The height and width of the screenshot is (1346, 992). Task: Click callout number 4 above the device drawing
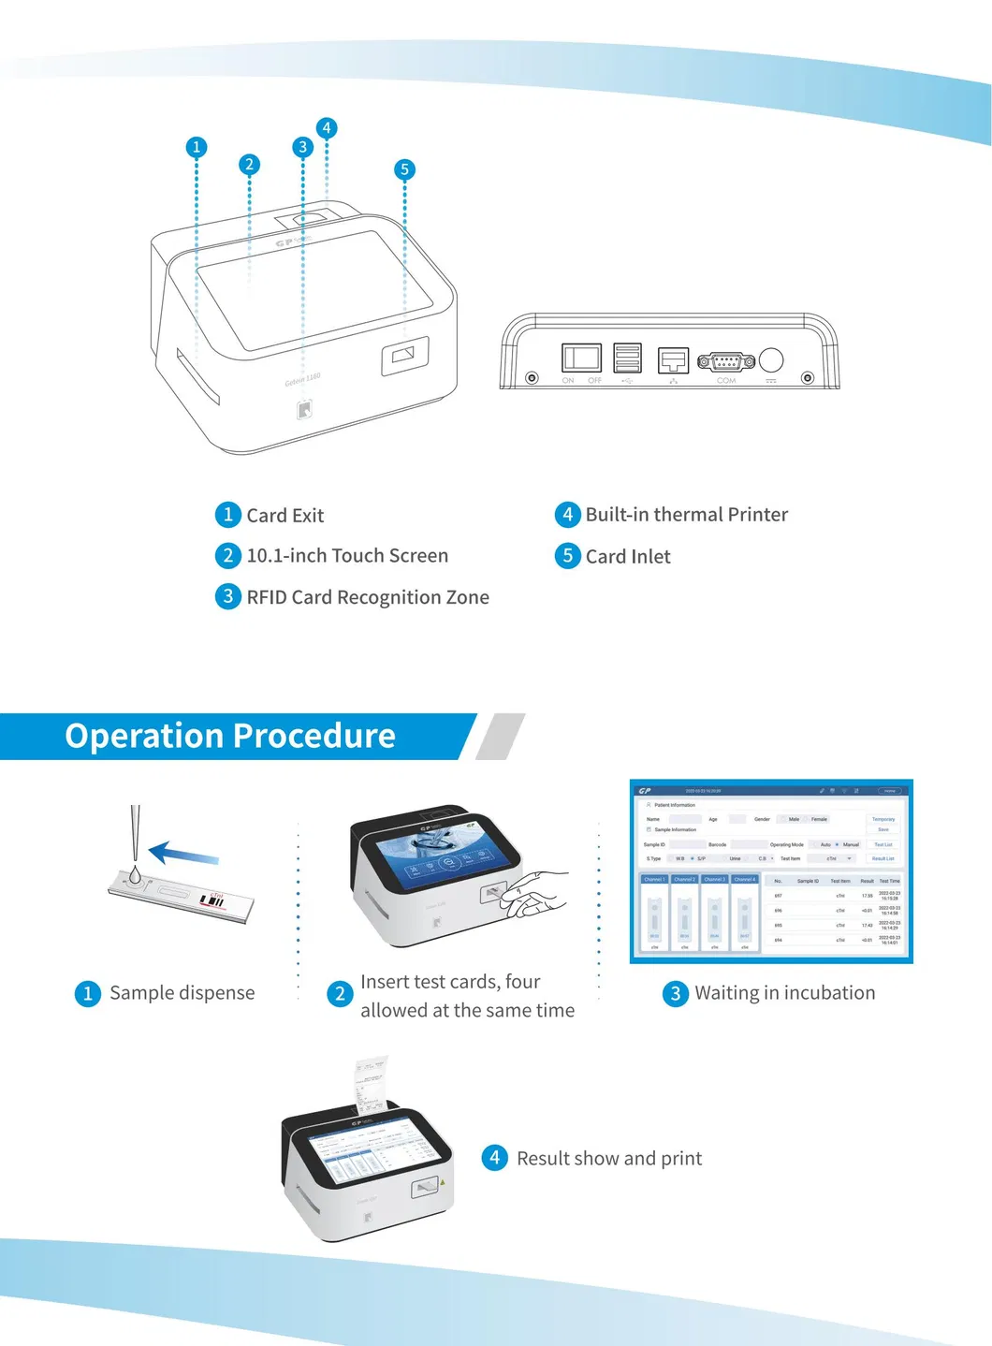point(327,128)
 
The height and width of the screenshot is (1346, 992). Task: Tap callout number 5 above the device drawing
point(404,169)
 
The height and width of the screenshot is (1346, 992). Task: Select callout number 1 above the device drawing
point(197,147)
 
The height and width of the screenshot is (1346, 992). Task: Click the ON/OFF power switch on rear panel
point(581,358)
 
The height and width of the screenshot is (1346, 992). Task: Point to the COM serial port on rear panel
point(726,361)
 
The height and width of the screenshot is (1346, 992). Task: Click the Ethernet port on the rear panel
point(673,360)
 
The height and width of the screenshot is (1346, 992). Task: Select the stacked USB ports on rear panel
point(627,358)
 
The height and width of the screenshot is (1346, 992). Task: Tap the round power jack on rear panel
point(771,359)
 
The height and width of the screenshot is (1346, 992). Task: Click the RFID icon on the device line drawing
point(304,409)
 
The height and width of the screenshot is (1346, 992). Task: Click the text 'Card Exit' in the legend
point(284,516)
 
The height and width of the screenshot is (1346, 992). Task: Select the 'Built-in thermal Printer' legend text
point(686,515)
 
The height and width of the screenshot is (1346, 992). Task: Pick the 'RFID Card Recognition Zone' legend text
point(367,597)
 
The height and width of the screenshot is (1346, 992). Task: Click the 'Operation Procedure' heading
point(230,736)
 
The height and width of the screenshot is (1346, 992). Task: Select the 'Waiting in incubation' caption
point(784,993)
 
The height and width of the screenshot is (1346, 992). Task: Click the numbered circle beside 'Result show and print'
point(494,1158)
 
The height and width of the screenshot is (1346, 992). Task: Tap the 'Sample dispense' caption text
point(182,993)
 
